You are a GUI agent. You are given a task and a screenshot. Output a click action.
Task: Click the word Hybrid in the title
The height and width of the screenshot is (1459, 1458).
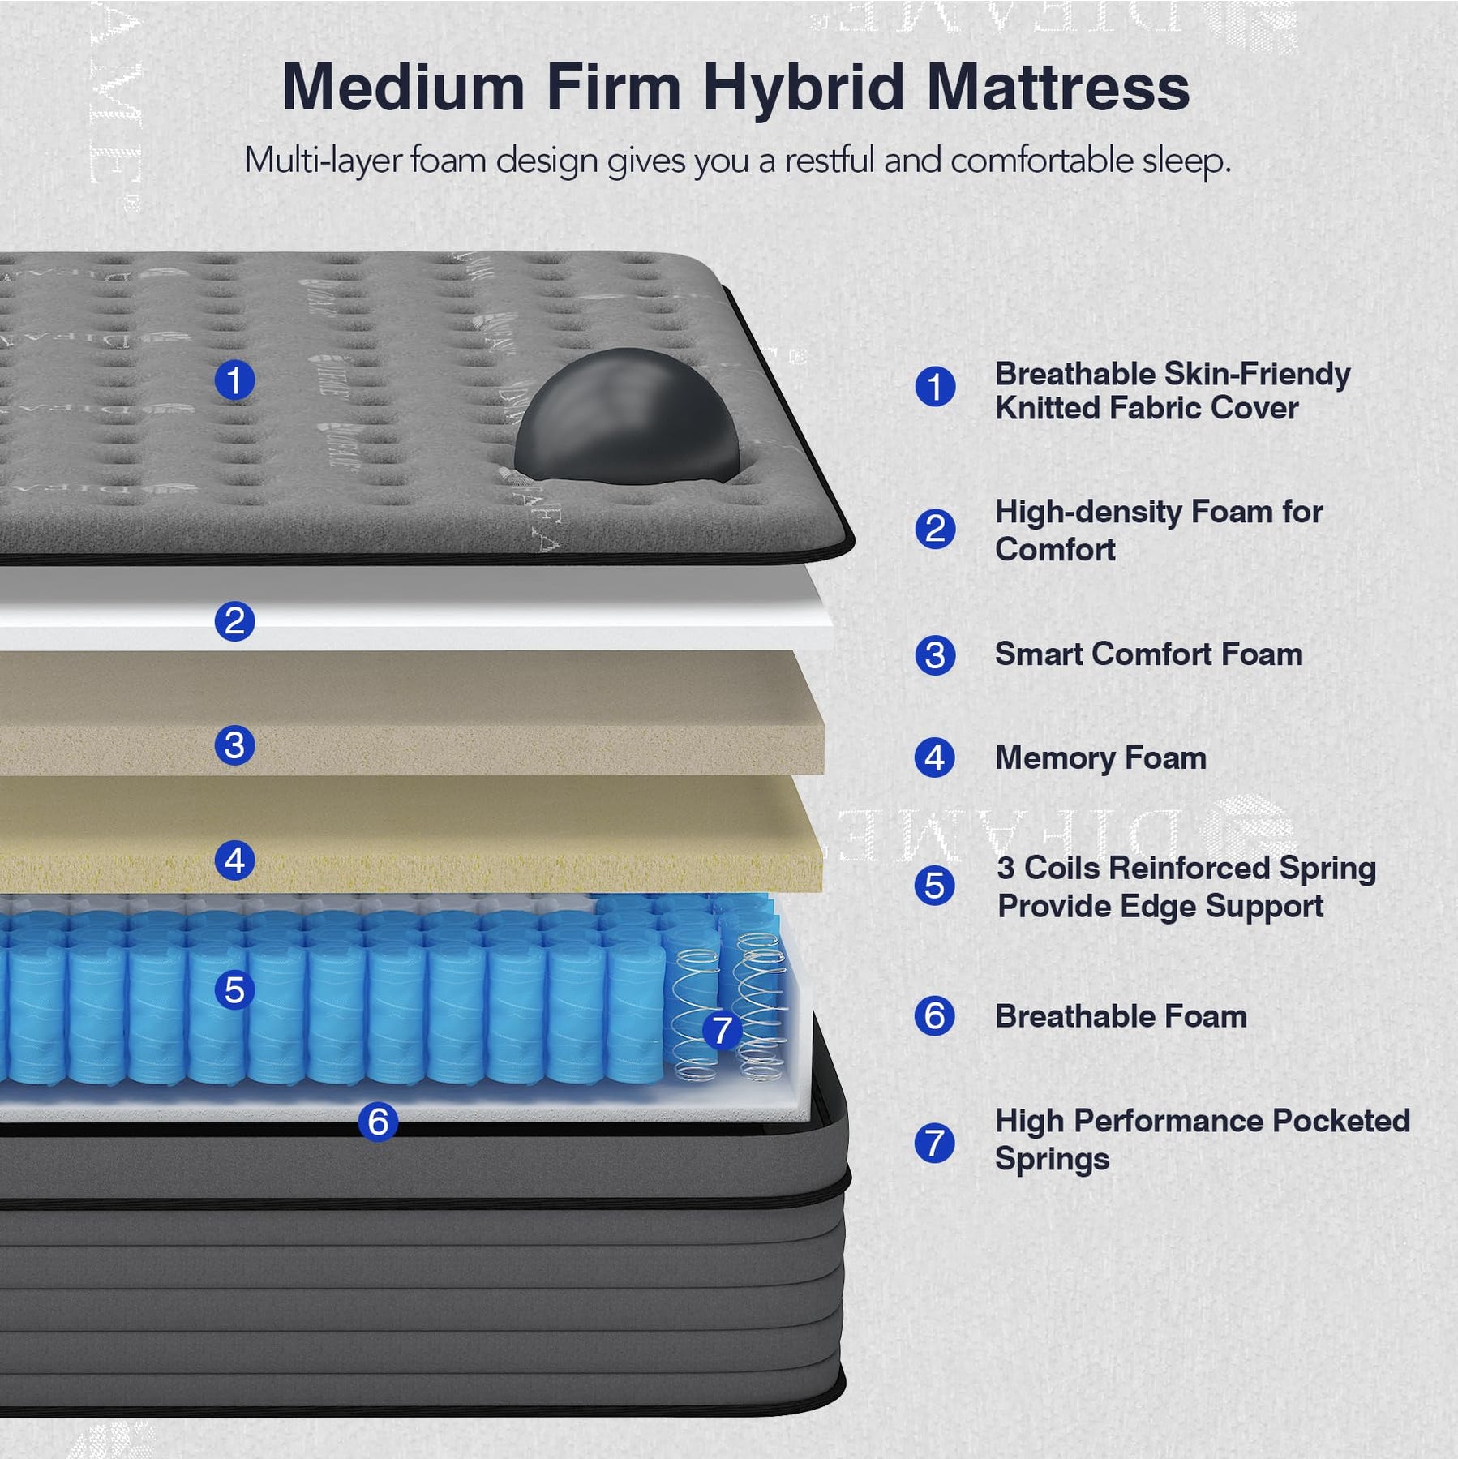pyautogui.click(x=803, y=88)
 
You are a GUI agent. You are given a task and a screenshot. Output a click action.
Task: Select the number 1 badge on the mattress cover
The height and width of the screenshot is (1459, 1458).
pyautogui.click(x=234, y=380)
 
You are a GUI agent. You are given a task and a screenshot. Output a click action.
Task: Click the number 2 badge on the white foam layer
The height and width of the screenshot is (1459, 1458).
pyautogui.click(x=234, y=621)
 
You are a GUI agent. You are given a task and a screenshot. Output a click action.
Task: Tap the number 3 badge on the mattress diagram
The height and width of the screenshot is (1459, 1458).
pyautogui.click(x=234, y=745)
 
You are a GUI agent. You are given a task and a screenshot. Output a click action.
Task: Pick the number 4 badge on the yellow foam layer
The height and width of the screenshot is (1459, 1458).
pyautogui.click(x=234, y=860)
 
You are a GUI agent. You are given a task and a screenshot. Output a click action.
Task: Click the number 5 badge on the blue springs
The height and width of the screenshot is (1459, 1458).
pyautogui.click(x=234, y=990)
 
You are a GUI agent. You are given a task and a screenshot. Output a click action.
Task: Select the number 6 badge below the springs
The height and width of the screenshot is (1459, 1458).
pyautogui.click(x=378, y=1122)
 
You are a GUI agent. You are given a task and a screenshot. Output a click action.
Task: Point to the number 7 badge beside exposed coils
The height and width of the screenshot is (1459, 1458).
pyautogui.click(x=722, y=1031)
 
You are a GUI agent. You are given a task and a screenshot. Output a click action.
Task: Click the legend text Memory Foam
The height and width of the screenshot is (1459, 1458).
pyautogui.click(x=1100, y=758)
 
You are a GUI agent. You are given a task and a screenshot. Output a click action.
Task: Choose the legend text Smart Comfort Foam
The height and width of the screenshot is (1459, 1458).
pyautogui.click(x=1148, y=654)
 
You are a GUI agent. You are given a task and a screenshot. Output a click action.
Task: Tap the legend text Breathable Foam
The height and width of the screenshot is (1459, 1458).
pyautogui.click(x=1121, y=1017)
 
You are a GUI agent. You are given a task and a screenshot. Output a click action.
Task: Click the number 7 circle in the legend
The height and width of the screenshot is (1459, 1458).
pyautogui.click(x=934, y=1143)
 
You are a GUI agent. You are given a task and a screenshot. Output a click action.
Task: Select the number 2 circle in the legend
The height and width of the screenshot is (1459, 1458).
pyautogui.click(x=935, y=530)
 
